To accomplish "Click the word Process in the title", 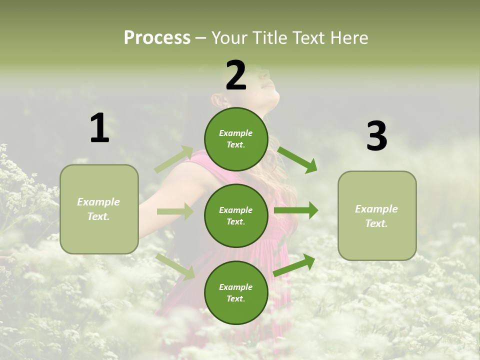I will click(x=157, y=37).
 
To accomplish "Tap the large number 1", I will click(x=99, y=128).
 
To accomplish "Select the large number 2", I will click(x=236, y=75).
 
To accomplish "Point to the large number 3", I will click(x=376, y=136).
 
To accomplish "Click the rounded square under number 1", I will click(x=99, y=209).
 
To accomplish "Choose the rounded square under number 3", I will click(x=377, y=215).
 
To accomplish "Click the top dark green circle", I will click(x=236, y=139).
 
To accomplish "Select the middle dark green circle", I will click(x=236, y=215).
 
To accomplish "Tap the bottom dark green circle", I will click(x=236, y=292).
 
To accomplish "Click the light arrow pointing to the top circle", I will click(x=174, y=159).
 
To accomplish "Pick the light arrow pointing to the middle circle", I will click(x=175, y=211).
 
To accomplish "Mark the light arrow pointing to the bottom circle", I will click(x=175, y=266).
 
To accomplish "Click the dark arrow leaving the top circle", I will click(x=297, y=159).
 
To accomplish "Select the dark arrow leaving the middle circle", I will click(x=296, y=210).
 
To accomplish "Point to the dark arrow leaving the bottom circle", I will click(x=294, y=265).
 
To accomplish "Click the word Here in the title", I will click(x=349, y=37).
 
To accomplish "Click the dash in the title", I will click(x=201, y=38).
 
